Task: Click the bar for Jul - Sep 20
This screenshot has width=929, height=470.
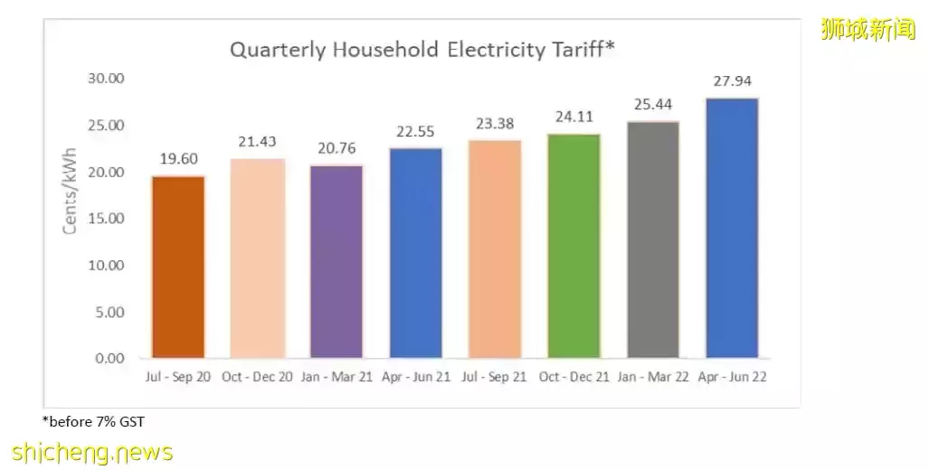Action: coord(178,267)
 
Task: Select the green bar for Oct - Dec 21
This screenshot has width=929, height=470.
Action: coord(574,246)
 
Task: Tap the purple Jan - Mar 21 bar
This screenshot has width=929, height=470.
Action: coord(337,261)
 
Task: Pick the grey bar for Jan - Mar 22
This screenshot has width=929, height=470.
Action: coord(653,240)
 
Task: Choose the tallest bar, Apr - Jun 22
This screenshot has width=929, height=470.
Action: coord(732,228)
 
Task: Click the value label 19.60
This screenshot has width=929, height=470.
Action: coord(178,160)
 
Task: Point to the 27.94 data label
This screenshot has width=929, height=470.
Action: coord(732,82)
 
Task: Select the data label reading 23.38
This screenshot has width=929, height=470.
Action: coord(495,125)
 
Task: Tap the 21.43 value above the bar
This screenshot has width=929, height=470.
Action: coord(257,142)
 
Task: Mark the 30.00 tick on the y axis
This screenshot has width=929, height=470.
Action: coord(106,79)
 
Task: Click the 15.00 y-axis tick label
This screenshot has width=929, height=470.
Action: coord(106,219)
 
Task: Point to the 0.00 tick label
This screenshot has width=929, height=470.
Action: coord(109,359)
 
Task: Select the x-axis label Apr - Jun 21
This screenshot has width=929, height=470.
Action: coord(415,377)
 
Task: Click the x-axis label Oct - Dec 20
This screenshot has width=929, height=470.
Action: coord(257,377)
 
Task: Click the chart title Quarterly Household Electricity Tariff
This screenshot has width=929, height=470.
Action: coord(422,49)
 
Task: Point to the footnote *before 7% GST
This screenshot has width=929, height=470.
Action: coord(93,421)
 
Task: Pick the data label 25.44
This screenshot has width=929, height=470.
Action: coord(653,105)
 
